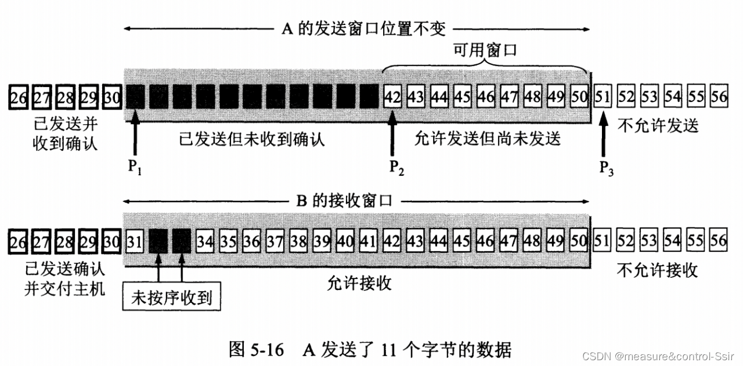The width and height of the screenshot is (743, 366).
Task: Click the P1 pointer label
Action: coord(134,167)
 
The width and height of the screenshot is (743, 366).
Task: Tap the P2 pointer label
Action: coord(396,167)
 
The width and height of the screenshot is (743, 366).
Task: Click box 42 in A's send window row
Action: coord(392,96)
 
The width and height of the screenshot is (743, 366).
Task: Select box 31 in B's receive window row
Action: coord(134,240)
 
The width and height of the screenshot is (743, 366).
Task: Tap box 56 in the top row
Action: coord(719,96)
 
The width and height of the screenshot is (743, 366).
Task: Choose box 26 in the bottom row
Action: coord(19,241)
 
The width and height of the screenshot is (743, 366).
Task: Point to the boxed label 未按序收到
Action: coord(172,299)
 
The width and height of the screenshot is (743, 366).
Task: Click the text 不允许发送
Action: coord(658,125)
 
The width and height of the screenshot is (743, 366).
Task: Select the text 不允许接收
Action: coord(657,270)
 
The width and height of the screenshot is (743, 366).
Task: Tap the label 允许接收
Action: coord(359,283)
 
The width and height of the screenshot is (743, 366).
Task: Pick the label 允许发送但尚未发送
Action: coord(488,139)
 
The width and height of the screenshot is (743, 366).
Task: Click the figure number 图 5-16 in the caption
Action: coord(255,350)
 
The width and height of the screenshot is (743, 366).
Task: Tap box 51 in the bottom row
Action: coord(603,240)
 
